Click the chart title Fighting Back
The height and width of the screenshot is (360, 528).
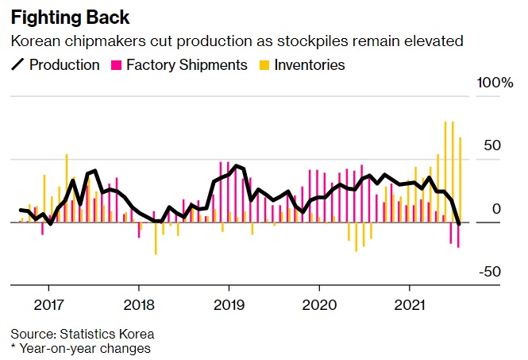(x=69, y=17)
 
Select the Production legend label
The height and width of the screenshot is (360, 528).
(x=64, y=65)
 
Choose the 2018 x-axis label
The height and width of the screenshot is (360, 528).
(x=139, y=305)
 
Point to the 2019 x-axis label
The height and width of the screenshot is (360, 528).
(x=229, y=305)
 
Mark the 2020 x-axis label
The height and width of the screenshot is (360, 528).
(x=320, y=305)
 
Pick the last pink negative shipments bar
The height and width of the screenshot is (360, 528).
(x=458, y=235)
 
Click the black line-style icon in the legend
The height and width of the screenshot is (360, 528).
(x=17, y=65)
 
